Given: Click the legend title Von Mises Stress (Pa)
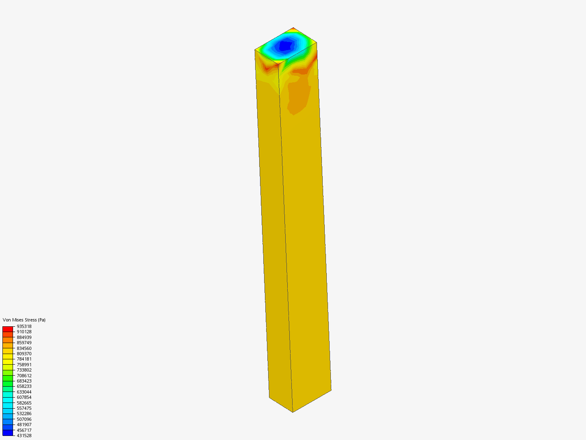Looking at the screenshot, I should [x=24, y=320].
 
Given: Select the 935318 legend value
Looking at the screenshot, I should [x=24, y=326].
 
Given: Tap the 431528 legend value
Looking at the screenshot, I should [x=24, y=436].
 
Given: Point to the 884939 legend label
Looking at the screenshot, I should [x=24, y=337].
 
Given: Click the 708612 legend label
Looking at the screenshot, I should [x=24, y=376].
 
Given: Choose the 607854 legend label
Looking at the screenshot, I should [x=24, y=397].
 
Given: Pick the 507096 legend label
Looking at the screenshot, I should [x=24, y=419].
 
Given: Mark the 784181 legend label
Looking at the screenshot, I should [x=24, y=359].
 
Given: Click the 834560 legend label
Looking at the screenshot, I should [x=24, y=348].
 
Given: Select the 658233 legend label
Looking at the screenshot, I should [x=24, y=386].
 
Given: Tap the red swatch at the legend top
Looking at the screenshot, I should [x=8, y=329].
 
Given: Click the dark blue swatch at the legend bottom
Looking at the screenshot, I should [x=8, y=433].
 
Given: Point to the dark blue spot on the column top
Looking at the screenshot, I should [x=286, y=45].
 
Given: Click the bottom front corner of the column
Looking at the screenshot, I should [x=293, y=412].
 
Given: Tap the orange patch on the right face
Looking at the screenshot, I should [x=300, y=96].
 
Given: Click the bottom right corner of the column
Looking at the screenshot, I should [x=331, y=390].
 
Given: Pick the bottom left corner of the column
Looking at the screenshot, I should [x=269, y=397].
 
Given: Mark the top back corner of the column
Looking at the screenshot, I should [x=293, y=28].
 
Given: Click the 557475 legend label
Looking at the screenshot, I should [x=24, y=408].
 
